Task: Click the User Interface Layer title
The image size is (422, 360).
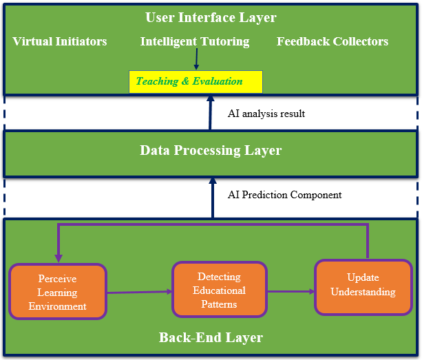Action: (211, 17)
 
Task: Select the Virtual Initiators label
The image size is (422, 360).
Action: (60, 41)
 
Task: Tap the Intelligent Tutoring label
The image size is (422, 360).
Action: (195, 41)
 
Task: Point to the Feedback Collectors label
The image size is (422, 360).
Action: (333, 41)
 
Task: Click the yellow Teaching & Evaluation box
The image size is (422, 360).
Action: (196, 81)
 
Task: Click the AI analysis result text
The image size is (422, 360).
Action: (266, 114)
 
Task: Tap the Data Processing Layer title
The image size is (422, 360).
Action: (211, 150)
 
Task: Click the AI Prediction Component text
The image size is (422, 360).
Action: (284, 195)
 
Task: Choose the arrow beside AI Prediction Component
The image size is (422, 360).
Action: (212, 197)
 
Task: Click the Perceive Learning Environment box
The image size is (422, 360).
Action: (58, 293)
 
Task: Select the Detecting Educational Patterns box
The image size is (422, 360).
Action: (219, 290)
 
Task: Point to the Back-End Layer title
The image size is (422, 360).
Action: (211, 337)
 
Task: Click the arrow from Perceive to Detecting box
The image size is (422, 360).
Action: (139, 292)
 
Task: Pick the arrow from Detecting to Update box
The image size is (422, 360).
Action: (291, 291)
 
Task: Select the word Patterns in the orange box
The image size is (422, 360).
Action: (219, 304)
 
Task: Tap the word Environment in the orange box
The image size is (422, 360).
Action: (58, 306)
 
